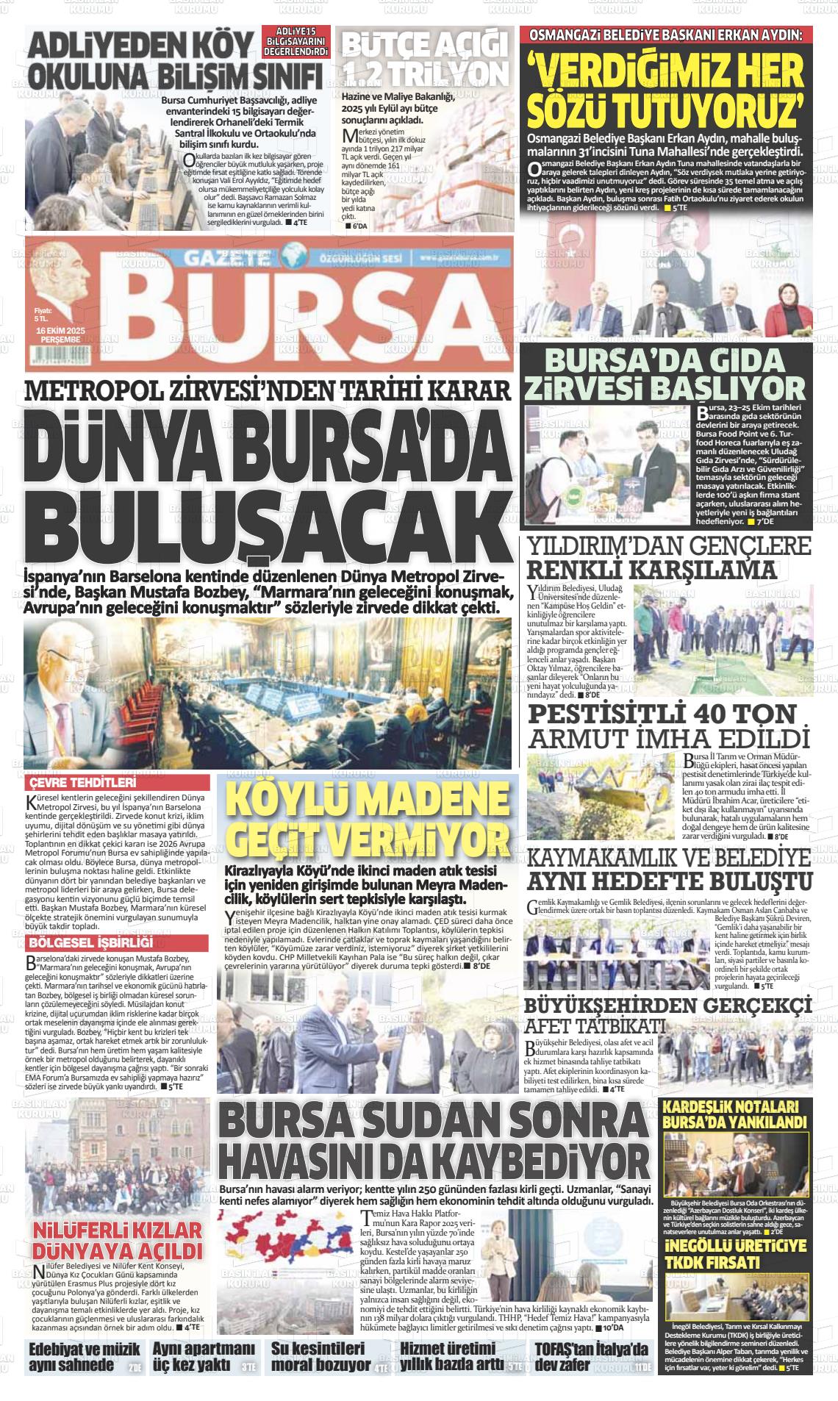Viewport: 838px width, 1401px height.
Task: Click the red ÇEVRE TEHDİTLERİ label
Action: click(x=83, y=783)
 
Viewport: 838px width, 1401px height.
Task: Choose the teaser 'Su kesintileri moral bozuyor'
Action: click(x=319, y=1357)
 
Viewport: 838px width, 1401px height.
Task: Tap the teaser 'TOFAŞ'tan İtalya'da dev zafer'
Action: click(x=591, y=1357)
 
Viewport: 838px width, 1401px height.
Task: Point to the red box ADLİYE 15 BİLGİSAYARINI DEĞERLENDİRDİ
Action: click(x=296, y=45)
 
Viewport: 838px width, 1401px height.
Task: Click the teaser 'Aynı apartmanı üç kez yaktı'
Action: click(x=203, y=1357)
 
